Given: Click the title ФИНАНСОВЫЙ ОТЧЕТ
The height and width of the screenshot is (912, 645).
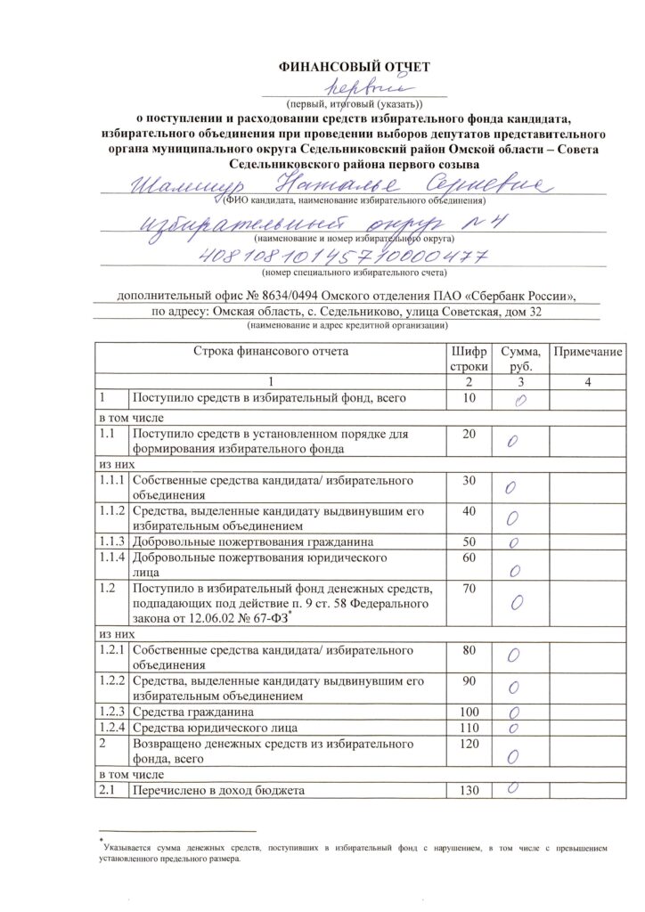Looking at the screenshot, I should [355, 66].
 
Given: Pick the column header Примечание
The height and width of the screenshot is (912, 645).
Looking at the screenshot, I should [588, 353].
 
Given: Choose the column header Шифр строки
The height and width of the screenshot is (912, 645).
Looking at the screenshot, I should [469, 359].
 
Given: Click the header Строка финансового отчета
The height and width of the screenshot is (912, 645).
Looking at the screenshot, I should [271, 351].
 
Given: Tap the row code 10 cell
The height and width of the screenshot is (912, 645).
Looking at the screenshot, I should [469, 398].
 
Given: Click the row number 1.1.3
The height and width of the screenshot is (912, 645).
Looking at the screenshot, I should [112, 541].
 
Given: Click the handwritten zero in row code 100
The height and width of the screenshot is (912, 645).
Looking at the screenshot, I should [514, 713].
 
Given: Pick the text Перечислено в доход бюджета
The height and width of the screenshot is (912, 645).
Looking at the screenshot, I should [219, 791].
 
